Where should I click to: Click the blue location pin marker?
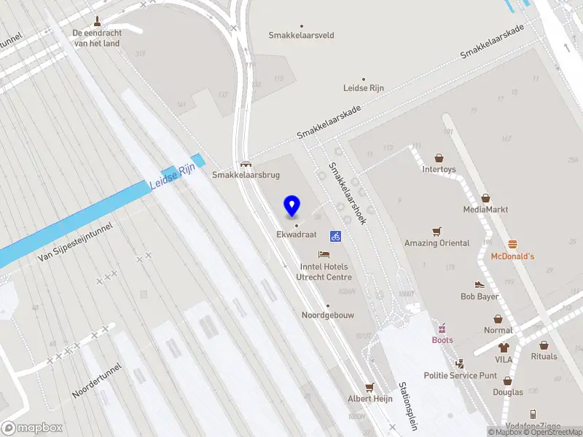292,206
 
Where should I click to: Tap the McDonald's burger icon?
512,244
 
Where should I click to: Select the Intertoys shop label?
439,170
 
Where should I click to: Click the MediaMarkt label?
485,210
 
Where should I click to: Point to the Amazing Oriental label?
437,243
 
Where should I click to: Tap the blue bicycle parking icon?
336,236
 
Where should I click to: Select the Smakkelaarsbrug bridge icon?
246,164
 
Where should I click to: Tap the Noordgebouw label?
328,315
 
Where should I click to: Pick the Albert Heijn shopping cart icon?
369,387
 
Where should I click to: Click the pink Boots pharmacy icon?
442,328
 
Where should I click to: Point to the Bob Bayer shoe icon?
480,285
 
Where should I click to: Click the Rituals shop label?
544,356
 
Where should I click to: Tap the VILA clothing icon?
504,347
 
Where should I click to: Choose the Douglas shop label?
507,393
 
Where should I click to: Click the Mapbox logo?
32,428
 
